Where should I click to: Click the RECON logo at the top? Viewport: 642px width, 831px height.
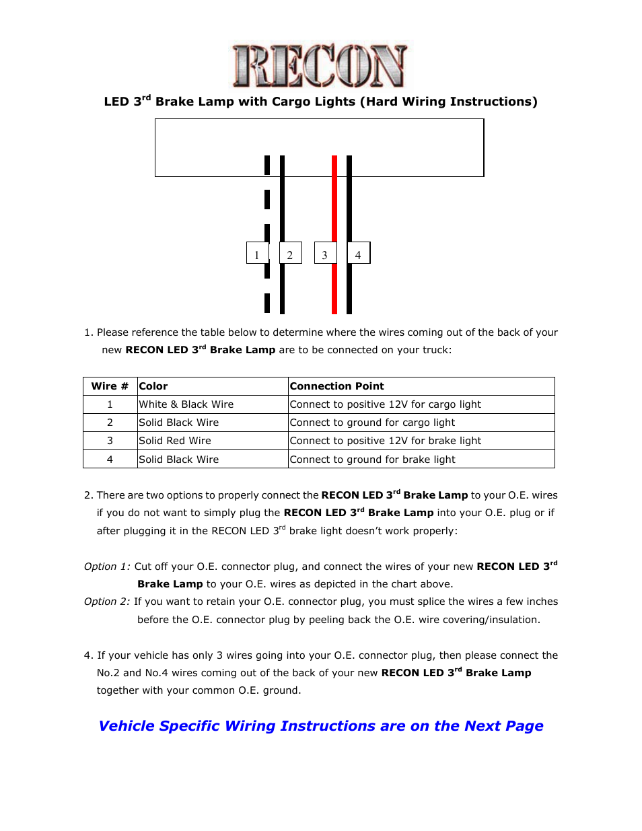(320, 66)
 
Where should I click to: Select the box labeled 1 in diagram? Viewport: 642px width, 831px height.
(257, 253)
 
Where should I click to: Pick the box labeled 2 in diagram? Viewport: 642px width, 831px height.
(291, 253)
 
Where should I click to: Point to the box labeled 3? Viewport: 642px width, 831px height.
(325, 253)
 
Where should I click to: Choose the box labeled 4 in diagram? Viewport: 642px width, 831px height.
(359, 253)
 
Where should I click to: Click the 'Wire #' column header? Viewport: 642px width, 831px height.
(110, 386)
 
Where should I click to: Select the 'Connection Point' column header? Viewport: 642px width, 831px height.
(336, 386)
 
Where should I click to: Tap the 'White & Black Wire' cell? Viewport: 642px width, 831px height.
(186, 404)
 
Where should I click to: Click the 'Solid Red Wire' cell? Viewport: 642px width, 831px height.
(175, 441)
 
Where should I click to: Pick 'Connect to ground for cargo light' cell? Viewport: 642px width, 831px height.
(372, 423)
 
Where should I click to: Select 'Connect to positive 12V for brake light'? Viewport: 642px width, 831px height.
(386, 441)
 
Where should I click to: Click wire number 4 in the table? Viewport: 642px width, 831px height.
(110, 460)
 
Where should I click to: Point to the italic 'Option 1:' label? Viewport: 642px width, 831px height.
(107, 567)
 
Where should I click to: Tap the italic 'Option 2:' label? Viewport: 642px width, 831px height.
(107, 602)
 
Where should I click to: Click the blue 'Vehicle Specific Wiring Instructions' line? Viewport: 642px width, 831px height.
(321, 726)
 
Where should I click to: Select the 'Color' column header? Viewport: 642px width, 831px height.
(153, 386)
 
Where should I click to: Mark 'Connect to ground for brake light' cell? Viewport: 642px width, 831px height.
(372, 460)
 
